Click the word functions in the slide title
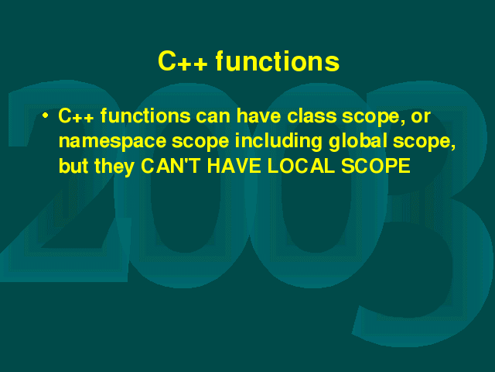pyautogui.click(x=278, y=61)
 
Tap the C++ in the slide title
pyautogui.click(x=183, y=61)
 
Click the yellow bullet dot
pyautogui.click(x=46, y=115)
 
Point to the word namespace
pyautogui.click(x=112, y=141)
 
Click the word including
pyautogui.click(x=278, y=141)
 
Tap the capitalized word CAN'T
pyautogui.click(x=170, y=166)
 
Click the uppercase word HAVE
pyautogui.click(x=234, y=166)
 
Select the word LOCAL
pyautogui.click(x=301, y=166)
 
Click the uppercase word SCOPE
pyautogui.click(x=376, y=166)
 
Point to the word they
pyautogui.click(x=114, y=167)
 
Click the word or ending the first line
pyautogui.click(x=421, y=117)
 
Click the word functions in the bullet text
pyautogui.click(x=145, y=115)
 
